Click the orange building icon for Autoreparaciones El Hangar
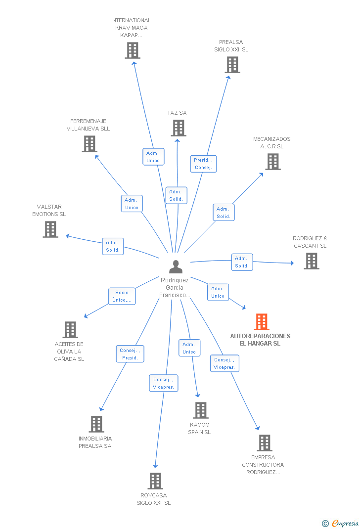tap(262, 322)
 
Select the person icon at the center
tap(176, 267)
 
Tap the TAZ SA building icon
tap(179, 128)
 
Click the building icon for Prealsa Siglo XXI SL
tap(232, 65)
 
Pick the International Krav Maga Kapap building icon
tap(133, 50)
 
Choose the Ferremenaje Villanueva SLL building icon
tap(89, 144)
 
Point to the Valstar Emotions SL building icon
tap(50, 229)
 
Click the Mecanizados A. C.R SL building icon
tap(273, 162)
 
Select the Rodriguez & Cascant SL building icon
tap(312, 261)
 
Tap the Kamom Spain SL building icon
tap(201, 410)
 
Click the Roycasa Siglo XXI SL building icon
tap(155, 481)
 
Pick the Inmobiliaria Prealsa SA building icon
tap(96, 424)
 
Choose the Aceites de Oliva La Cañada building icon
tap(70, 330)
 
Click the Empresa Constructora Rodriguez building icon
tap(265, 443)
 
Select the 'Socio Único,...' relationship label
tap(122, 296)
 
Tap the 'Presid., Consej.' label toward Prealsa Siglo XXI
tap(203, 164)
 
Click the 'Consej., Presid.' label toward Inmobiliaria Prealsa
tap(130, 354)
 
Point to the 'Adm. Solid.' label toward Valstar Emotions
tap(113, 246)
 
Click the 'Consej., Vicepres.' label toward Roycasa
tap(164, 383)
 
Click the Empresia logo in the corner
tap(341, 523)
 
